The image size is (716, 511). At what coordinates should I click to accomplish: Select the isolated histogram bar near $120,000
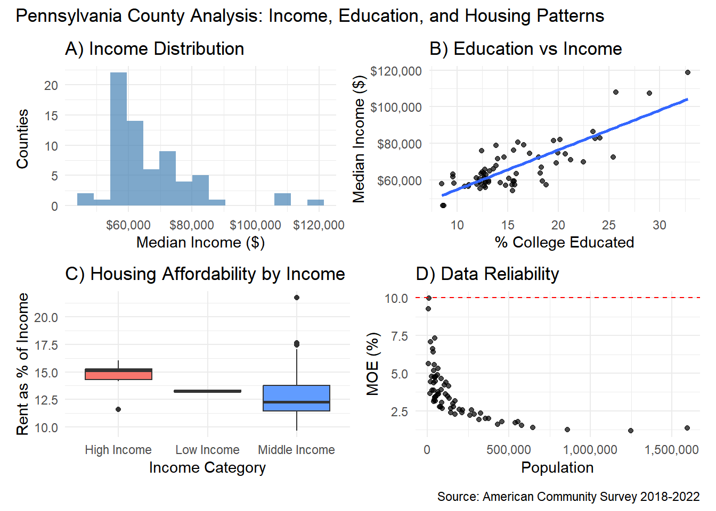(x=315, y=202)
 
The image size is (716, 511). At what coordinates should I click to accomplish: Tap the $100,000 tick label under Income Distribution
(x=255, y=225)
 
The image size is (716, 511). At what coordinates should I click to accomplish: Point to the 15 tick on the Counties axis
(x=51, y=116)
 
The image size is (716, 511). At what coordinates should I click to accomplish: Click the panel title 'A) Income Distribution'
(x=154, y=49)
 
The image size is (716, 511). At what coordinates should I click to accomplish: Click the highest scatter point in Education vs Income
(x=687, y=72)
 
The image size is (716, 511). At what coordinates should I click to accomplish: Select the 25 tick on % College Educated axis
(x=609, y=225)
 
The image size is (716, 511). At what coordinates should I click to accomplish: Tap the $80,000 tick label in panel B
(x=399, y=144)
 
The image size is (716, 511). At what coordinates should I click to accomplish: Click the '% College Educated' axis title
(x=564, y=242)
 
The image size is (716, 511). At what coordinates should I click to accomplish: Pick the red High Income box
(x=118, y=374)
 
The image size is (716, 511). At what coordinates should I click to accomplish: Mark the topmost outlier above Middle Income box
(x=297, y=298)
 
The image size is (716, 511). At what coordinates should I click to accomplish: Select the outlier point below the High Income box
(x=118, y=409)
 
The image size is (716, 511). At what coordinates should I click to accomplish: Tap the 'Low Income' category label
(x=207, y=450)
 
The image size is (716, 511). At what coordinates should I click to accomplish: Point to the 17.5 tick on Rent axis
(x=46, y=345)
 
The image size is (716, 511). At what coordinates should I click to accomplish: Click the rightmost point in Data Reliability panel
(x=687, y=428)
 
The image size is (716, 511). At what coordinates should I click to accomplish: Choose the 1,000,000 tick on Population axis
(x=590, y=450)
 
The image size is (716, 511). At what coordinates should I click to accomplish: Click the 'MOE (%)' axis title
(x=373, y=364)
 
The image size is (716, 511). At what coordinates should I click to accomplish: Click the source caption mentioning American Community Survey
(x=568, y=497)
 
